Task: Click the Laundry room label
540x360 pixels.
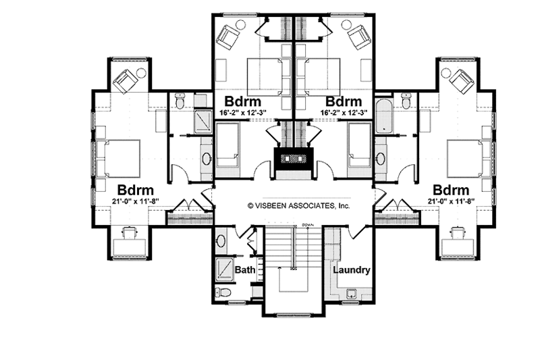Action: (x=350, y=270)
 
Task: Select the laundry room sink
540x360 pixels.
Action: (x=350, y=294)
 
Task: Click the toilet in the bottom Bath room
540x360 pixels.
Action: (x=223, y=292)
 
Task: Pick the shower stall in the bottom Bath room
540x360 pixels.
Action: (x=225, y=270)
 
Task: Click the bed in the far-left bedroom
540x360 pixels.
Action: (x=119, y=157)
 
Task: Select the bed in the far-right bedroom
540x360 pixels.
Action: (x=466, y=157)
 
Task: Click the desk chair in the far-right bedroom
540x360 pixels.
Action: (x=458, y=234)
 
